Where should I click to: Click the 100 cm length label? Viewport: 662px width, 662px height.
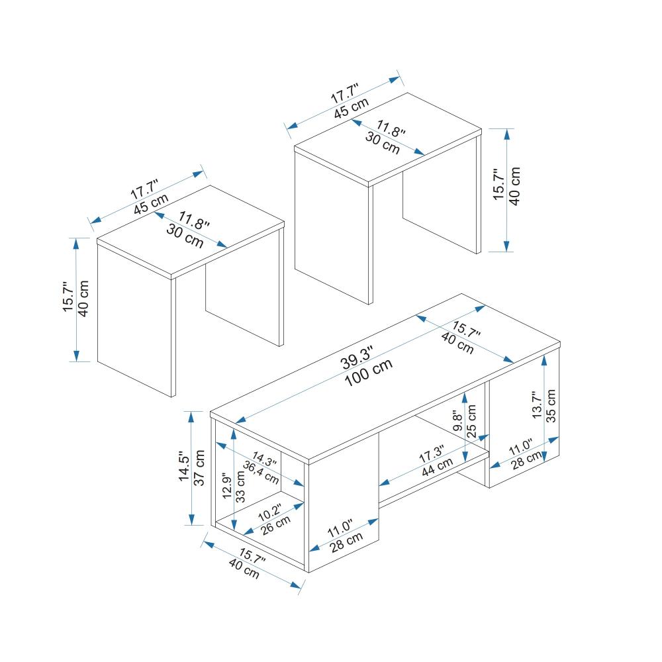click(x=369, y=373)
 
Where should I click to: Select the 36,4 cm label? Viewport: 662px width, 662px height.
click(x=261, y=473)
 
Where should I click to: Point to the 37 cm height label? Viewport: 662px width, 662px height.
click(x=199, y=468)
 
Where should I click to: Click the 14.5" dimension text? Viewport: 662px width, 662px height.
click(x=184, y=465)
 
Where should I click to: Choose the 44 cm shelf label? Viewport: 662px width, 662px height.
click(x=438, y=467)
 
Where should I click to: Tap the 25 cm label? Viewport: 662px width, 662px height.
click(x=471, y=421)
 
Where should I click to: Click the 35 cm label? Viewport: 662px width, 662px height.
click(x=551, y=406)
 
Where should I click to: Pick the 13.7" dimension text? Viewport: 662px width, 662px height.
click(x=537, y=405)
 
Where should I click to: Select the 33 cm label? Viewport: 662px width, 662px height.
click(x=240, y=487)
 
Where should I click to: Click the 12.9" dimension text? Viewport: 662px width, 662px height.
click(x=226, y=485)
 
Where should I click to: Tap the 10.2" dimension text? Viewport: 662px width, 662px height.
click(x=270, y=512)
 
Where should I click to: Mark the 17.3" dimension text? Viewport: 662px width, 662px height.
click(x=431, y=454)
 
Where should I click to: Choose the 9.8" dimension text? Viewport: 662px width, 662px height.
click(x=457, y=422)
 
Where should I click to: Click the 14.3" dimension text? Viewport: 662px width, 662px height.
click(x=264, y=459)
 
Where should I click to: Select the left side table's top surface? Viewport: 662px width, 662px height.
click(x=191, y=231)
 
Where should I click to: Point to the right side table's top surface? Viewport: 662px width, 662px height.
click(x=388, y=139)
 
